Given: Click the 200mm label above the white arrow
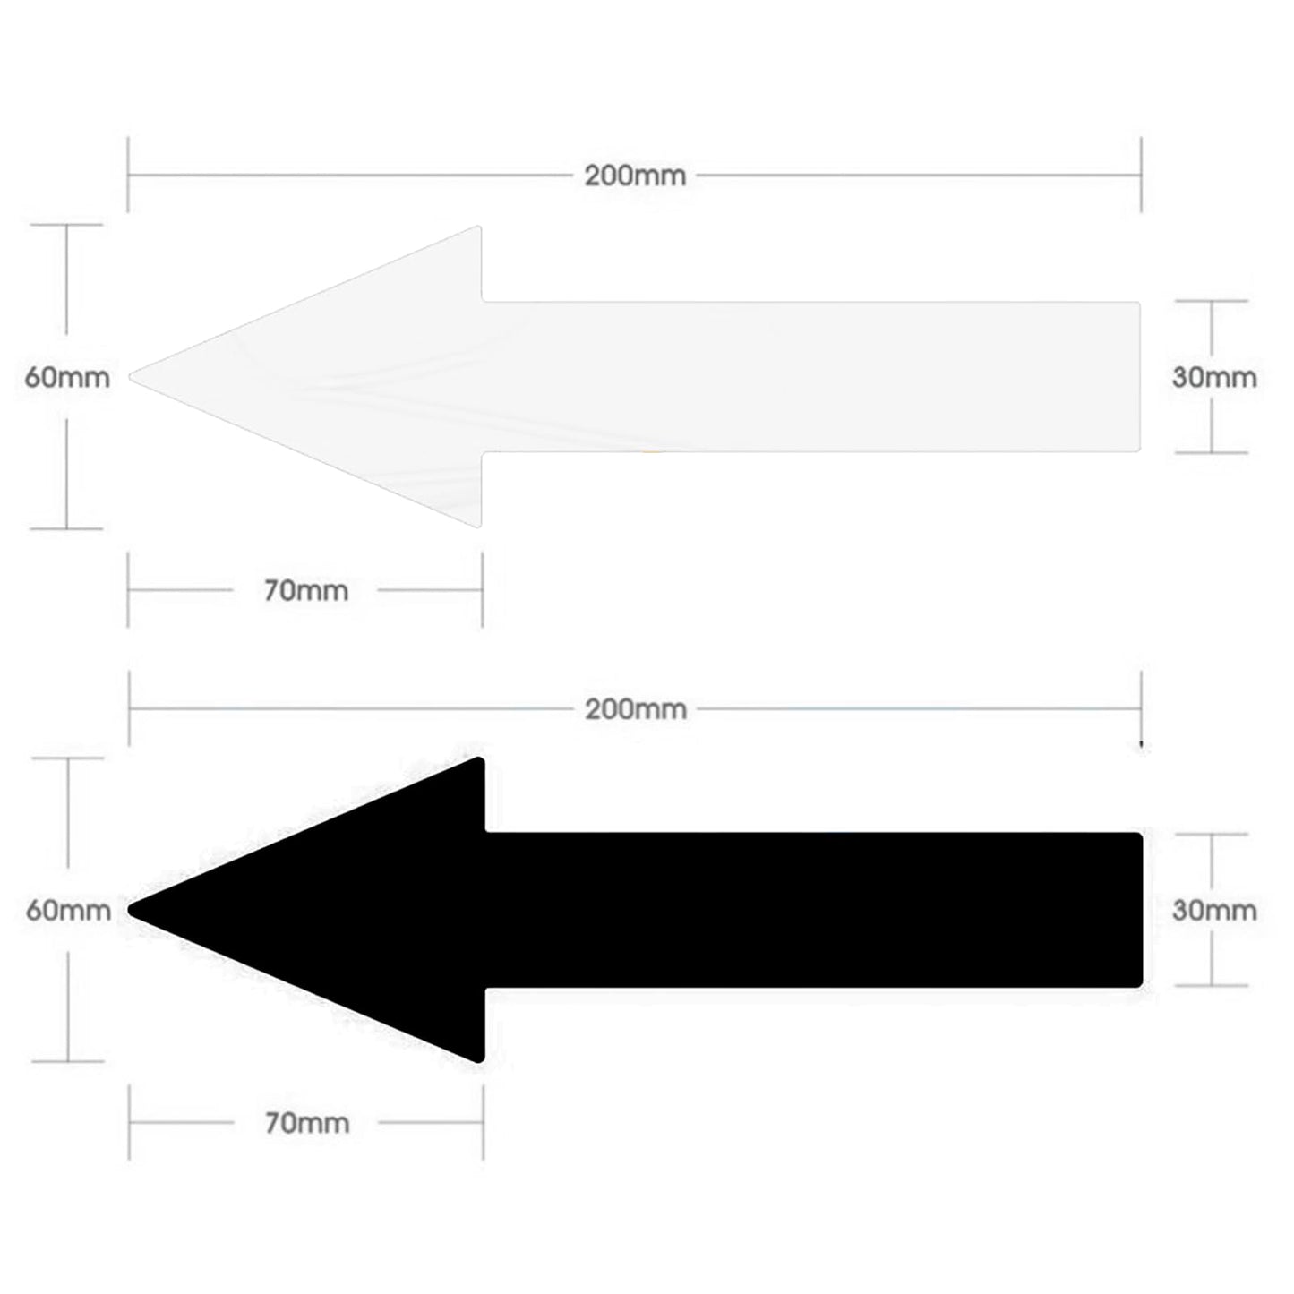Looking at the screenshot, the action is (x=635, y=176).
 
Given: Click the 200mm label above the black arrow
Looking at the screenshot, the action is (x=636, y=710).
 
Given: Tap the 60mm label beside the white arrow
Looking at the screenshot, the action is (x=67, y=377).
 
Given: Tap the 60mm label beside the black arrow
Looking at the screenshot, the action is (x=68, y=911).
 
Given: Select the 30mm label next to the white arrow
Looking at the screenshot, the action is (x=1215, y=377).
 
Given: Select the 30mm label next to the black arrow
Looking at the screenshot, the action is (x=1215, y=910).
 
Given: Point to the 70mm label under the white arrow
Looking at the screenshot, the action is (x=306, y=591).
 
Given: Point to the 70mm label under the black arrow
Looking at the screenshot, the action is (x=307, y=1123).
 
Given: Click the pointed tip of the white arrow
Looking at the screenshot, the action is (x=130, y=377).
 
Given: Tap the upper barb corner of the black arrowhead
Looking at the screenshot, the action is (x=479, y=759).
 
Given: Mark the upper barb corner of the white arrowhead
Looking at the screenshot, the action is (x=478, y=227).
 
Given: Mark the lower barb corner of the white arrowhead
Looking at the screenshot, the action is (x=478, y=527).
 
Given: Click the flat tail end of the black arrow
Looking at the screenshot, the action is (x=1142, y=910).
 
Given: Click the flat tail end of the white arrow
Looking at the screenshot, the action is (x=1140, y=377).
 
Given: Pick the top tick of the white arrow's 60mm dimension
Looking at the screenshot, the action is (x=66, y=225).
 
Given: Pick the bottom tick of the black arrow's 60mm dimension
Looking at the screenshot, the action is (x=68, y=1062).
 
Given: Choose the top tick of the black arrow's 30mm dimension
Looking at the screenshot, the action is (x=1213, y=834).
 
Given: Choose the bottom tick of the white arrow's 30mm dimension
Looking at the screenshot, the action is (x=1213, y=452).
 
